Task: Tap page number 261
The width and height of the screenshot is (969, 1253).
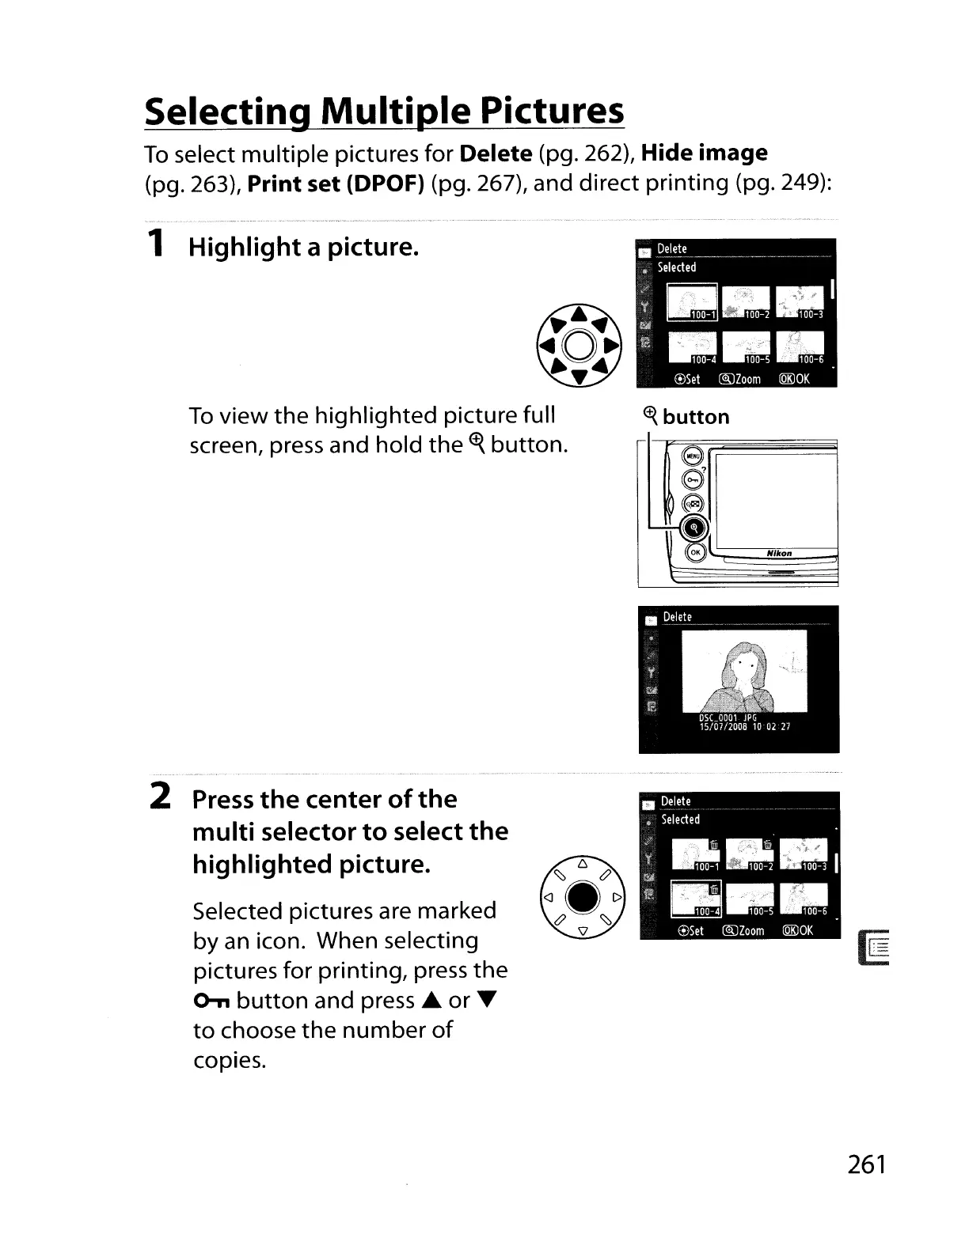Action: [866, 1164]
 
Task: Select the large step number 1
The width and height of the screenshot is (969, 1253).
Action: [158, 242]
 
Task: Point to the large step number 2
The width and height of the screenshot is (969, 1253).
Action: [160, 795]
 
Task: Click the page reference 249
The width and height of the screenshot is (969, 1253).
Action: [803, 183]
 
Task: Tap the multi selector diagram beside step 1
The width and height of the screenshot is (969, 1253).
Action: [579, 345]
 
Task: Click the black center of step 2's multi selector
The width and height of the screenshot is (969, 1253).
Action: [582, 897]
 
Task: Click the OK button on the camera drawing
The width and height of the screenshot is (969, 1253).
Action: [695, 553]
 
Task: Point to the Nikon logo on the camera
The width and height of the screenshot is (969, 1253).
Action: [780, 553]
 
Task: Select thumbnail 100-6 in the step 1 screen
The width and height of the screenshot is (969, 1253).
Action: [800, 348]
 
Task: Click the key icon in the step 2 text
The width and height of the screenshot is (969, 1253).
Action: [211, 1002]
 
